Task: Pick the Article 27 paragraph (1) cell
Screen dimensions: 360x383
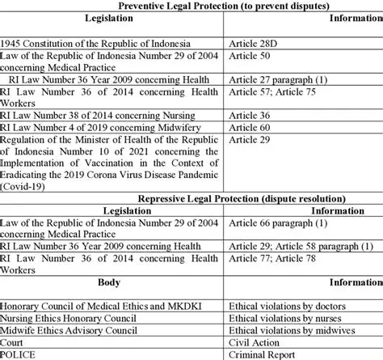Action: (278, 80)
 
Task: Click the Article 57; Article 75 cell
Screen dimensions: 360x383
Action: (274, 93)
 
